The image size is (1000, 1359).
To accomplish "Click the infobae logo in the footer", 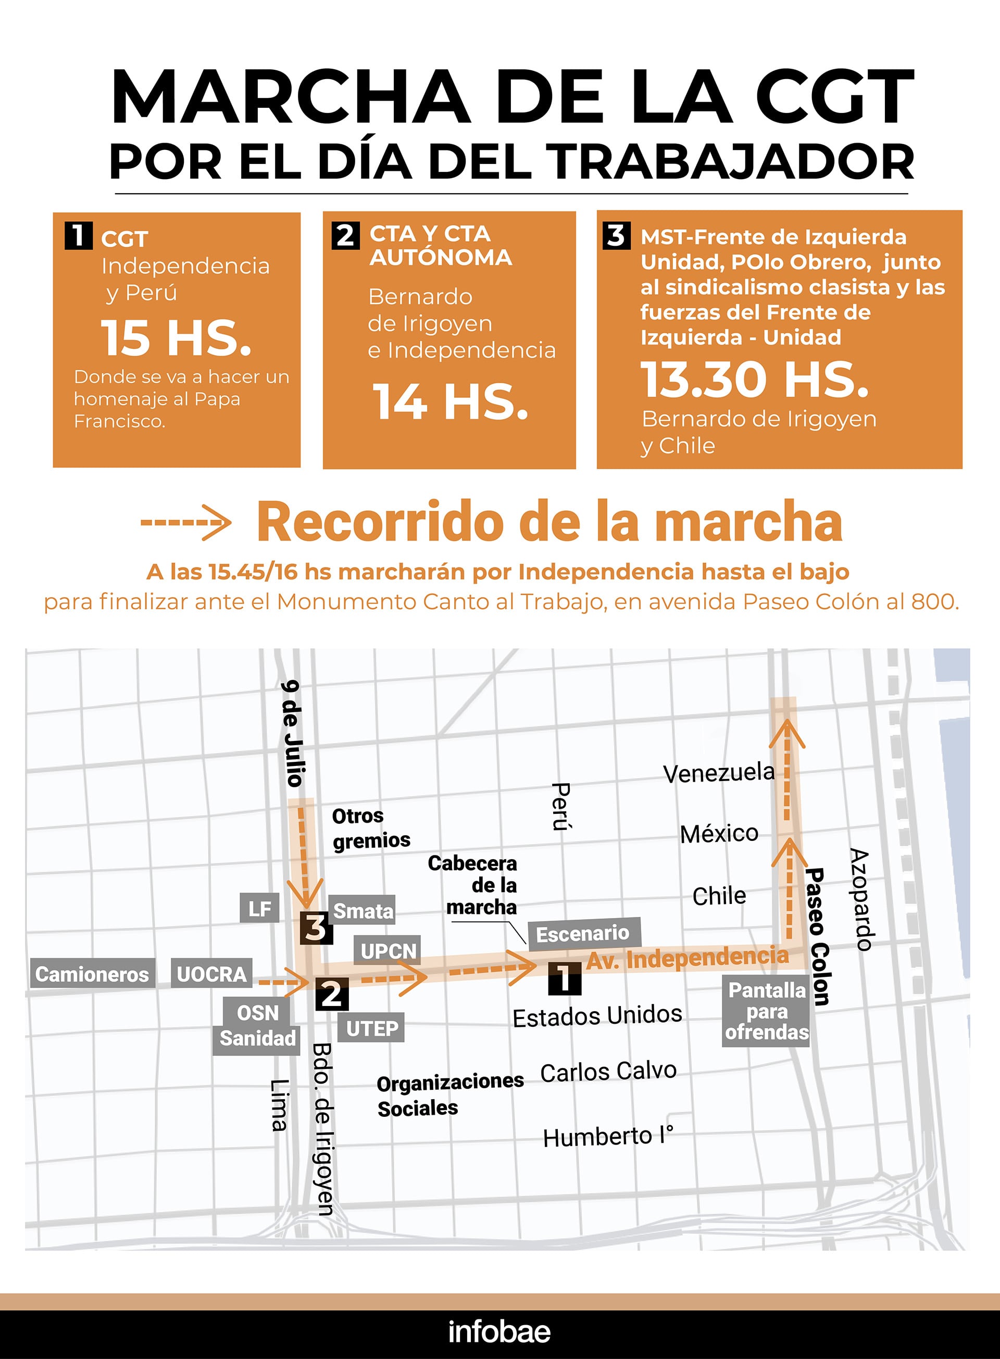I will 499,1332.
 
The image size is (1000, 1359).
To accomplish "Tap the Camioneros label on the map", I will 92,974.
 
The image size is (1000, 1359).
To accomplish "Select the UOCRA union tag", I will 211,974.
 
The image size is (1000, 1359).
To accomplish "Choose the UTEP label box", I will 372,1028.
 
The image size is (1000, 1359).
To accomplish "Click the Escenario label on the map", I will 583,933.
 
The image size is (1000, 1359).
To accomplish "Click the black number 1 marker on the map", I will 564,978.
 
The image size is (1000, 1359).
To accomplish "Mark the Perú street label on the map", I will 561,807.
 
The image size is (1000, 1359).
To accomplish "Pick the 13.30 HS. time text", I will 755,380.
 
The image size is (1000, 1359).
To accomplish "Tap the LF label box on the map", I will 260,908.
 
